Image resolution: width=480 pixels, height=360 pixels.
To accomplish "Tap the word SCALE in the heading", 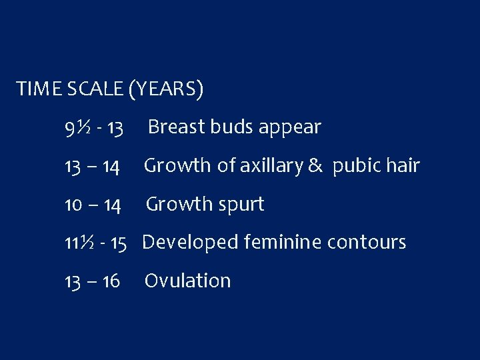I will [95, 89].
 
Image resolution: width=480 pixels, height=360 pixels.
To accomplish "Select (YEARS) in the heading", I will [166, 89].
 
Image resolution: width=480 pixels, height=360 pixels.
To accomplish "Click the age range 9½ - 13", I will [93, 127].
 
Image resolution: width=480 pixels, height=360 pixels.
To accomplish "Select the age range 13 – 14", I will [92, 166].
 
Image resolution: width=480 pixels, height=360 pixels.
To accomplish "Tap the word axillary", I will [268, 165].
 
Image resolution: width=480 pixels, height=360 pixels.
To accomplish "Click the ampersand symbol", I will [314, 165].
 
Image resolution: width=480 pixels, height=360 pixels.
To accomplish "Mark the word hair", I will [402, 165].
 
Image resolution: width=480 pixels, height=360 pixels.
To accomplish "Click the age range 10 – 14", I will [93, 205].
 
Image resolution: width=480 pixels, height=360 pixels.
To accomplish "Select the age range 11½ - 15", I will [96, 243].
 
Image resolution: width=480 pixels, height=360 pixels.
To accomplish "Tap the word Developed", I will [191, 243].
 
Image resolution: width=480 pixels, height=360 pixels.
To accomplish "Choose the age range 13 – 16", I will [92, 281].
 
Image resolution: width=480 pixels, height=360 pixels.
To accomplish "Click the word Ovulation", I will [187, 281].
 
